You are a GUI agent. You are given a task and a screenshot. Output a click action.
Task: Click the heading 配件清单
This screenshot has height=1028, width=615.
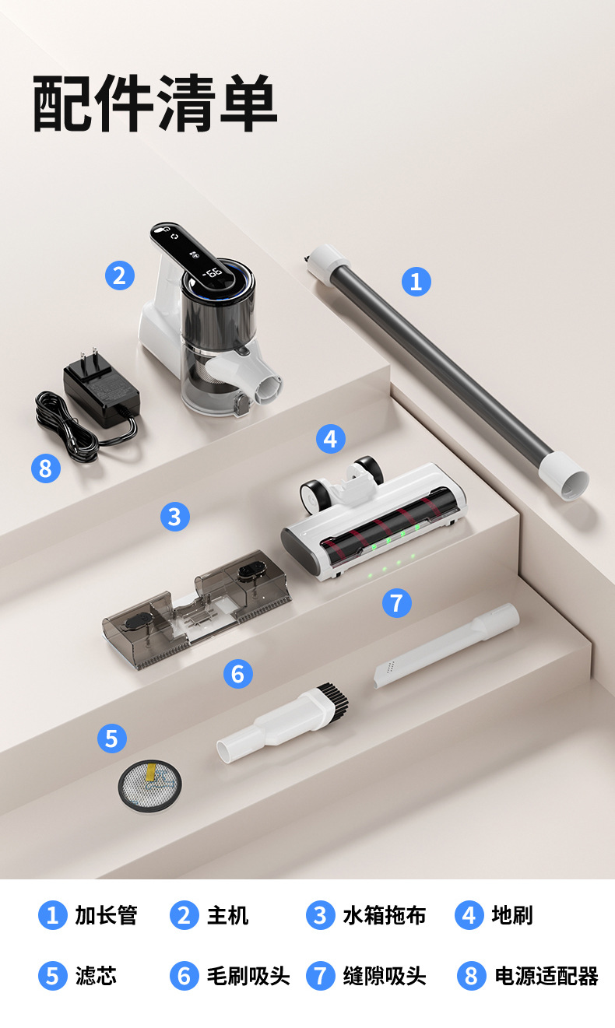(x=155, y=104)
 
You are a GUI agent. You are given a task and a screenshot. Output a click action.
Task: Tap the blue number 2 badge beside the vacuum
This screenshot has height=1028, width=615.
(x=119, y=275)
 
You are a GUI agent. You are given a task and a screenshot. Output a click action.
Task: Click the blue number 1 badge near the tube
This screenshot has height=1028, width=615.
(x=416, y=282)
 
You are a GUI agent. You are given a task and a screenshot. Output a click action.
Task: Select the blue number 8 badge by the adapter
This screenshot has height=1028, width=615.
(x=45, y=468)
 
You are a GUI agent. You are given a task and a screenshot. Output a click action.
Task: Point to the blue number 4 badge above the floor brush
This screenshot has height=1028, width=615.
(x=330, y=439)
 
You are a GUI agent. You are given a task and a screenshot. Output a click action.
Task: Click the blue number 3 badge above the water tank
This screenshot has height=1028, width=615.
(x=175, y=516)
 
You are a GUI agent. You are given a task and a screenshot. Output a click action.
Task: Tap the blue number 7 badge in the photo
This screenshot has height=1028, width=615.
(x=397, y=602)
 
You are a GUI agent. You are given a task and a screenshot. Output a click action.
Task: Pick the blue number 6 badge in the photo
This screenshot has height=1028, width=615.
(x=237, y=673)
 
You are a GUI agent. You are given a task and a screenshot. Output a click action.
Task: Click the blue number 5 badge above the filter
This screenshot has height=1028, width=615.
(x=111, y=739)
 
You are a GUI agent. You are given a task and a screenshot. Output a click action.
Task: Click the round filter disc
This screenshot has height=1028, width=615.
(x=149, y=785)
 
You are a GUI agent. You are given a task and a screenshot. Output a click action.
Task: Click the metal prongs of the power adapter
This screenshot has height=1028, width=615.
(x=89, y=357)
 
